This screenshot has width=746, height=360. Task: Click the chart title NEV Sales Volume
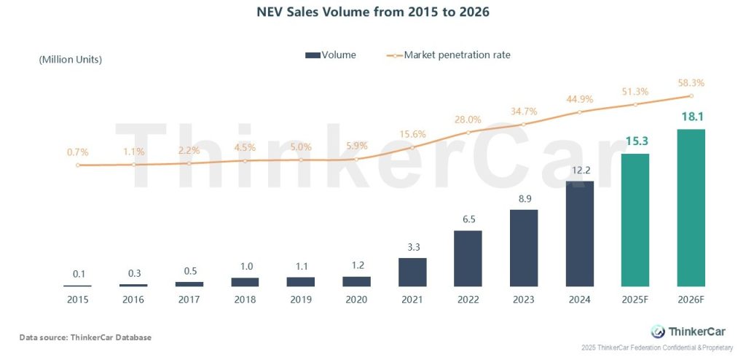pos(372,12)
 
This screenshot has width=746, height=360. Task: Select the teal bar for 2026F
pos(691,208)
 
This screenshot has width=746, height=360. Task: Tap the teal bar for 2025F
pos(635,219)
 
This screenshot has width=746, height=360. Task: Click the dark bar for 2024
pos(579,233)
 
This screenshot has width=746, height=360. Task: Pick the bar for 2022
pos(468,258)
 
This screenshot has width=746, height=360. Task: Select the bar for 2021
pos(412,272)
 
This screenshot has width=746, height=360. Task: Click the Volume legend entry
pos(331,55)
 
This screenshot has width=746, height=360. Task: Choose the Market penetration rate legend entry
pos(449,55)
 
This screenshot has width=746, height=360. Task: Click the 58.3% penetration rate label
pos(691,83)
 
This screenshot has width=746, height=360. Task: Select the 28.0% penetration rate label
pos(468,120)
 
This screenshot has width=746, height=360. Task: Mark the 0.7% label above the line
pos(77,152)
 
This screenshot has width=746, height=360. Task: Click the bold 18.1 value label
pos(691,117)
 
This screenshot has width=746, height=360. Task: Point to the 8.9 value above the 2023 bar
pos(523,197)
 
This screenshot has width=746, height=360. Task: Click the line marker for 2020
pos(356,160)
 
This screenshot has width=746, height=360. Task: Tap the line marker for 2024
pos(579,112)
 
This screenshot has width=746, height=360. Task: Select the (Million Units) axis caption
pos(70,60)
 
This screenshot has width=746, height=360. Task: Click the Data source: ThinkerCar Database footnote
pos(85,337)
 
